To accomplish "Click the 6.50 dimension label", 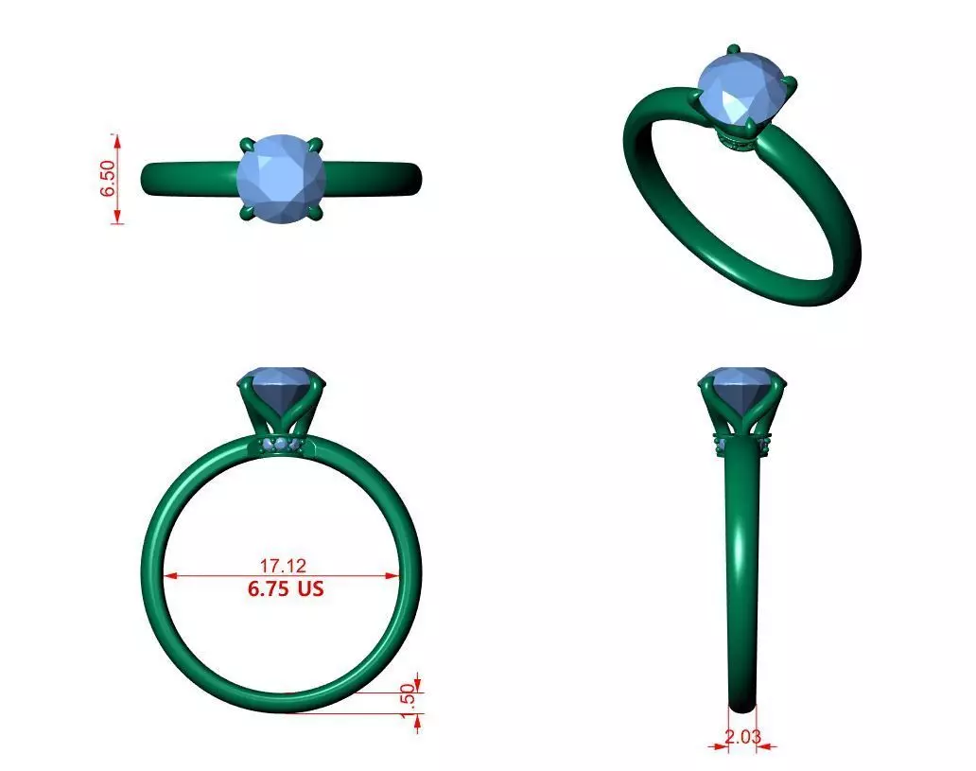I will [x=107, y=178].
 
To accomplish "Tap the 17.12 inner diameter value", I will [x=283, y=566].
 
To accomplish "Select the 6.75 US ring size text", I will [x=285, y=588].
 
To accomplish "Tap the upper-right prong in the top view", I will [x=317, y=145].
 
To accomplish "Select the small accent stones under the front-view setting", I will [x=281, y=445].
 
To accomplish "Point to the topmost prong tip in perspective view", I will [x=733, y=49].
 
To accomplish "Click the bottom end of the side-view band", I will [x=742, y=705].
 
